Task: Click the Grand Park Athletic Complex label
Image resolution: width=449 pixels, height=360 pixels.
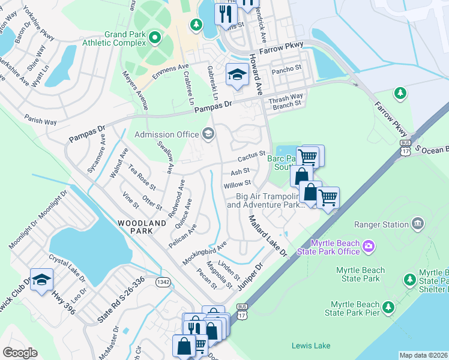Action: [125, 38]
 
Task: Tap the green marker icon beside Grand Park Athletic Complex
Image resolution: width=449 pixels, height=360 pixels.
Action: [155, 38]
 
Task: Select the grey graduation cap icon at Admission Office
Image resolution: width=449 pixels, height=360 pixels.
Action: [208, 134]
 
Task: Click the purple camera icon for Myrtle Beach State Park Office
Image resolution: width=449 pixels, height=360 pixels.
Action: [367, 246]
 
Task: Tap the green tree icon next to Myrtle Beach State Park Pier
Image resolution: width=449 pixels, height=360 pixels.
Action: [388, 307]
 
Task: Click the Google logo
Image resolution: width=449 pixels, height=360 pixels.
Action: [20, 353]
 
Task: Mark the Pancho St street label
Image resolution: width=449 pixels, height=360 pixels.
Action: [286, 70]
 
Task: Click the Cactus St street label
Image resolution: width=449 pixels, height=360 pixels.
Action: [252, 157]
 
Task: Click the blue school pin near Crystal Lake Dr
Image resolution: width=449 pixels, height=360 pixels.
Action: [41, 280]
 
